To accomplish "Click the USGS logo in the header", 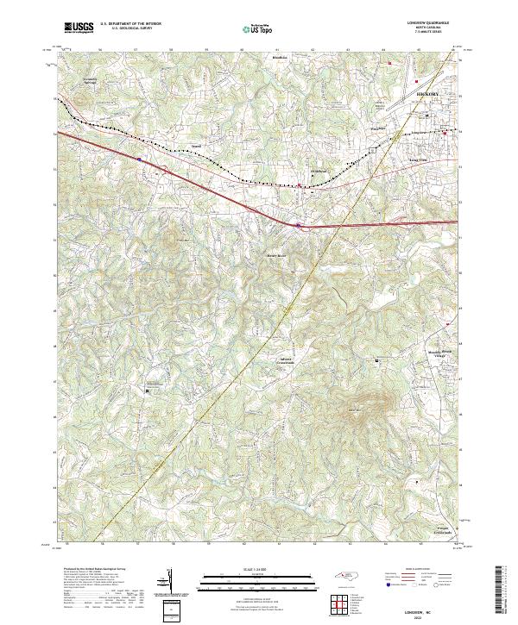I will point(79,28).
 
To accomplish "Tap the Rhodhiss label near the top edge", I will point(280,59).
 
